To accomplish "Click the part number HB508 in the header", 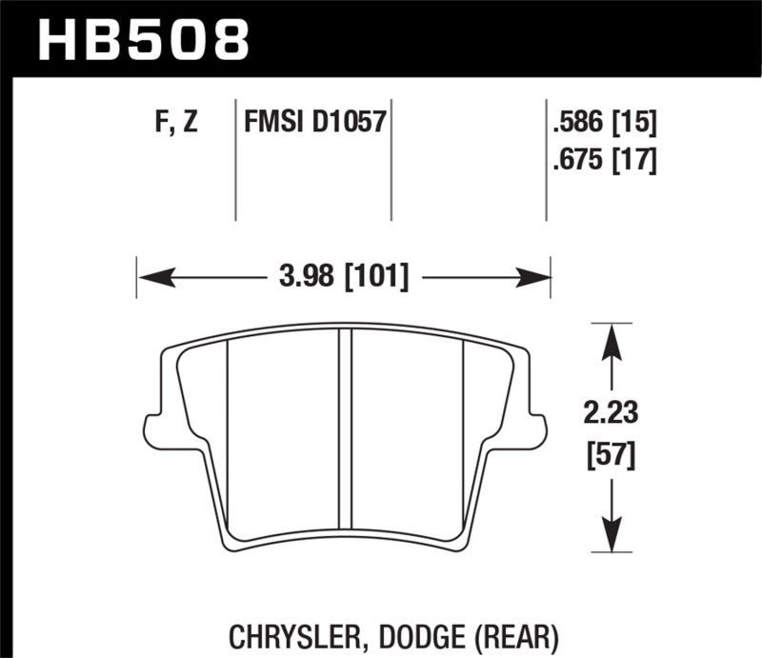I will click(143, 40).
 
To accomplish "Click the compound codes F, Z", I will click(175, 124).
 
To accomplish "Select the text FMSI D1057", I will click(314, 124).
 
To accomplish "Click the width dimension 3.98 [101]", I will click(345, 277).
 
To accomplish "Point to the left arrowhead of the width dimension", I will click(153, 277).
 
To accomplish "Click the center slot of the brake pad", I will click(346, 438).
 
